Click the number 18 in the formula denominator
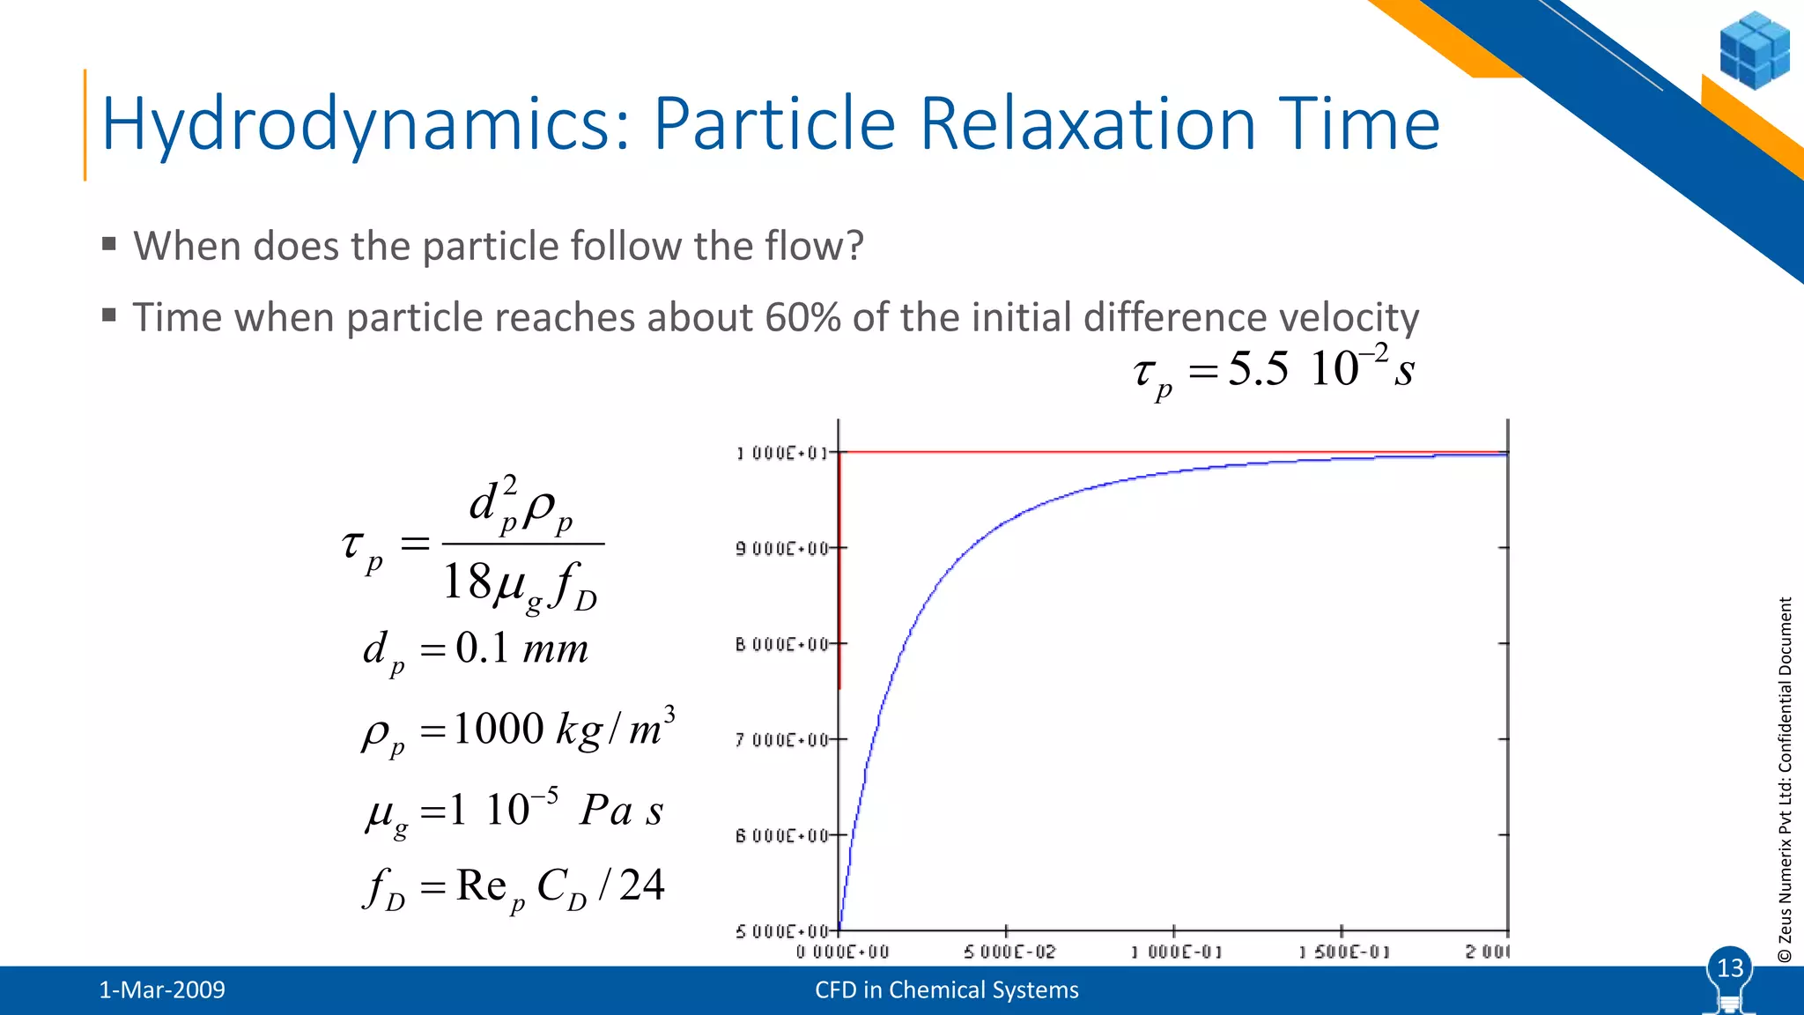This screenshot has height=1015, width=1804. (466, 582)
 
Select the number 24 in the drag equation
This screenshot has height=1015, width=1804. (641, 885)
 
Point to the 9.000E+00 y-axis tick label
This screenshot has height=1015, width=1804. (782, 549)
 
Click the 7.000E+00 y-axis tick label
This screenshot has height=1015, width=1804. (782, 740)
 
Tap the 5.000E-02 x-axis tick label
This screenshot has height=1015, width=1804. (1009, 952)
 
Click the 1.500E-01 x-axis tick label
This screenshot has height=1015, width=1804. (1343, 952)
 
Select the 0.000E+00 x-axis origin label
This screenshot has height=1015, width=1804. (842, 952)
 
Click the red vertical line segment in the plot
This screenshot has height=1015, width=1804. (839, 573)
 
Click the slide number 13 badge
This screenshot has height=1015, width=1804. (1730, 968)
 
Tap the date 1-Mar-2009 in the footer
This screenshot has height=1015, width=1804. (162, 990)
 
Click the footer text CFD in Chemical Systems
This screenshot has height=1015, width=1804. (946, 990)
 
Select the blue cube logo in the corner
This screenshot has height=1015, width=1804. (1754, 50)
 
